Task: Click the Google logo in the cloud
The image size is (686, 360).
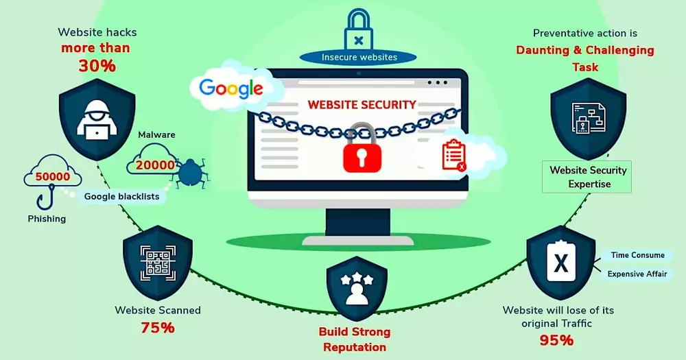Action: pyautogui.click(x=231, y=88)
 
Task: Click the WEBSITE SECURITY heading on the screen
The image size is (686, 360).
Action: pyautogui.click(x=362, y=105)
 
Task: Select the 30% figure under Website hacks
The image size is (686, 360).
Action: pyautogui.click(x=97, y=66)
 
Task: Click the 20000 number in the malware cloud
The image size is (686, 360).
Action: pyautogui.click(x=154, y=165)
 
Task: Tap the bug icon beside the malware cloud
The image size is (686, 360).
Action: pyautogui.click(x=189, y=173)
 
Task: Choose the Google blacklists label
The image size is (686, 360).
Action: pyautogui.click(x=121, y=197)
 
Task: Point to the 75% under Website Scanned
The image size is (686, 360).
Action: pyautogui.click(x=158, y=328)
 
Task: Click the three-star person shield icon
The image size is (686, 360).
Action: pyautogui.click(x=356, y=287)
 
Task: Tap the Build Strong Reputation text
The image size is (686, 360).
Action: pyautogui.click(x=355, y=339)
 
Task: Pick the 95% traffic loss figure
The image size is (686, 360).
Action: pyautogui.click(x=557, y=340)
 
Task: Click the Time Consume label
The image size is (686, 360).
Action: pyautogui.click(x=637, y=255)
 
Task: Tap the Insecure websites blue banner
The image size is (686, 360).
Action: pyautogui.click(x=359, y=58)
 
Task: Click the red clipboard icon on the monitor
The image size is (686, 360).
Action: pyautogui.click(x=453, y=155)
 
